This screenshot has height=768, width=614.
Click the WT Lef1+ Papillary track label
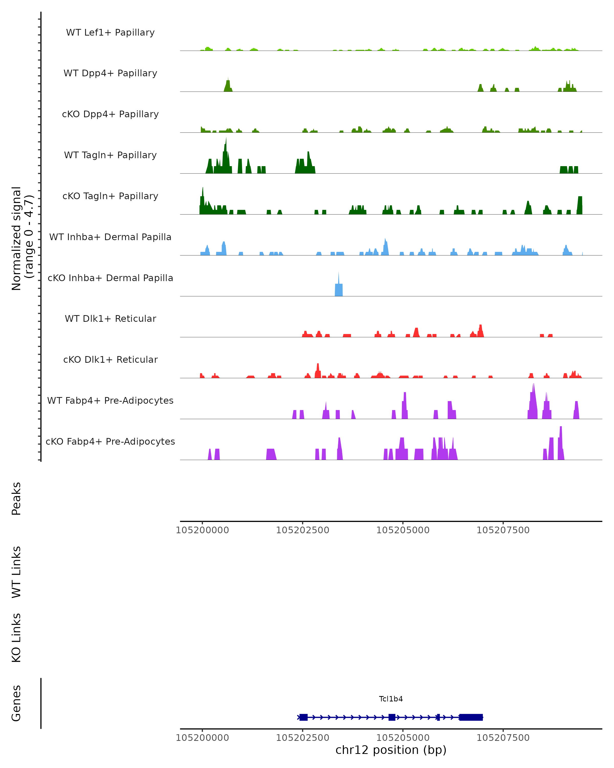110,33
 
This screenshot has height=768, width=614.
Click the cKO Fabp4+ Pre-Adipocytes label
110,441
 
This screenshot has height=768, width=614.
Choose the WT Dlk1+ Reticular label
110,318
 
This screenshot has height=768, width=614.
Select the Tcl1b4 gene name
391,699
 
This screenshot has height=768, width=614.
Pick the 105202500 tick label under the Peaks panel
303,530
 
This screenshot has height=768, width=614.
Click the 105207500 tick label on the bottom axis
503,738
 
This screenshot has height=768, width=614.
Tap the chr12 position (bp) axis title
391,750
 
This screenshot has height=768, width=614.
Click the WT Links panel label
16,572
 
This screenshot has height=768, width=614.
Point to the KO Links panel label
16,638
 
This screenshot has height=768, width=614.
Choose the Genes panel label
16,703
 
